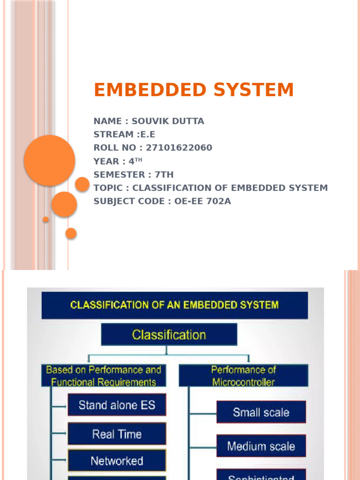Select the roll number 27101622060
tap(179, 148)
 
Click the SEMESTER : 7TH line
tap(134, 175)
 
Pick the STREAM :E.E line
tap(124, 135)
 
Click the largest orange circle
tap(49, 160)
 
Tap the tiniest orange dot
tap(46, 219)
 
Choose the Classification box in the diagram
tap(169, 335)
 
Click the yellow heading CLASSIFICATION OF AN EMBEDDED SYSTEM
tap(174, 305)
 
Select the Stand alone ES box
tap(117, 405)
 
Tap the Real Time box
tap(117, 434)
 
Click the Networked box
tap(117, 461)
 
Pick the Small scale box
tap(261, 412)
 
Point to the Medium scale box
tap(261, 446)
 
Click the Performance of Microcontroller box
tap(243, 376)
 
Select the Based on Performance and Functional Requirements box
tap(104, 376)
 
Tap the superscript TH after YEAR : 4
tap(138, 160)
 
